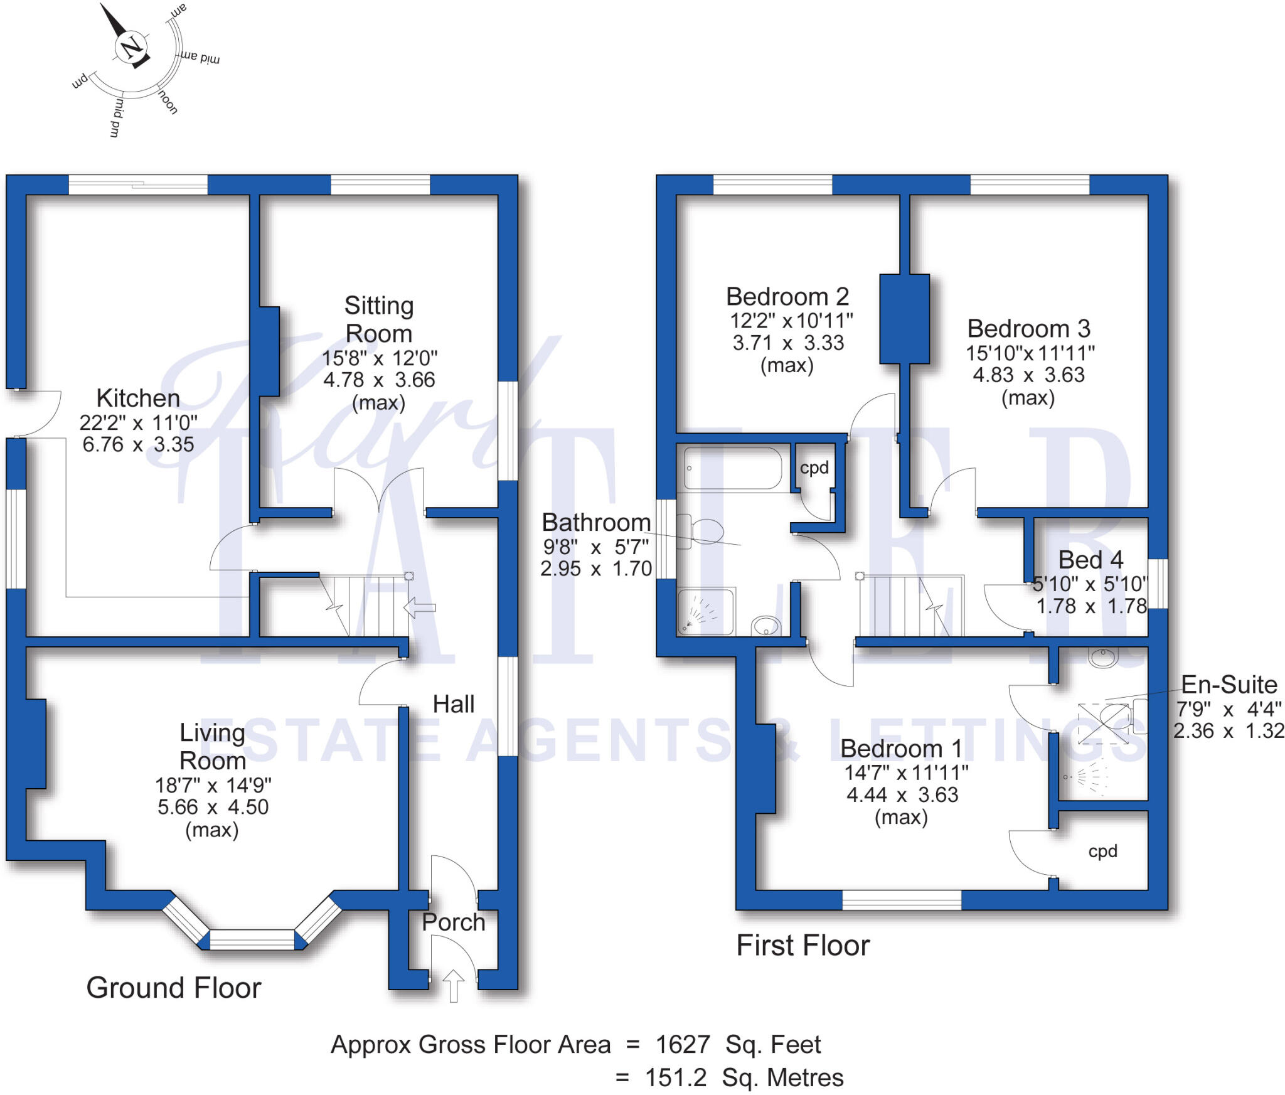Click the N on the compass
point(131,47)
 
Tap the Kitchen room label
point(138,398)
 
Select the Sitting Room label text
point(379,319)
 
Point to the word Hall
point(453,704)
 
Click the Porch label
point(453,922)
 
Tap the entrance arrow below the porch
point(453,985)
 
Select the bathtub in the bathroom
point(733,468)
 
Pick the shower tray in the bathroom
point(706,611)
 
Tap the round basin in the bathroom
point(766,626)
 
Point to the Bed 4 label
point(1090,560)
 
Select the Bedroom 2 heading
point(787,297)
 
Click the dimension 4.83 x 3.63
point(1028,375)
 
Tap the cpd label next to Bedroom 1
point(1102,852)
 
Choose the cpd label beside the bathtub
point(814,467)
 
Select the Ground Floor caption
point(173,988)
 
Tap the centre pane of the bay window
point(252,939)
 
